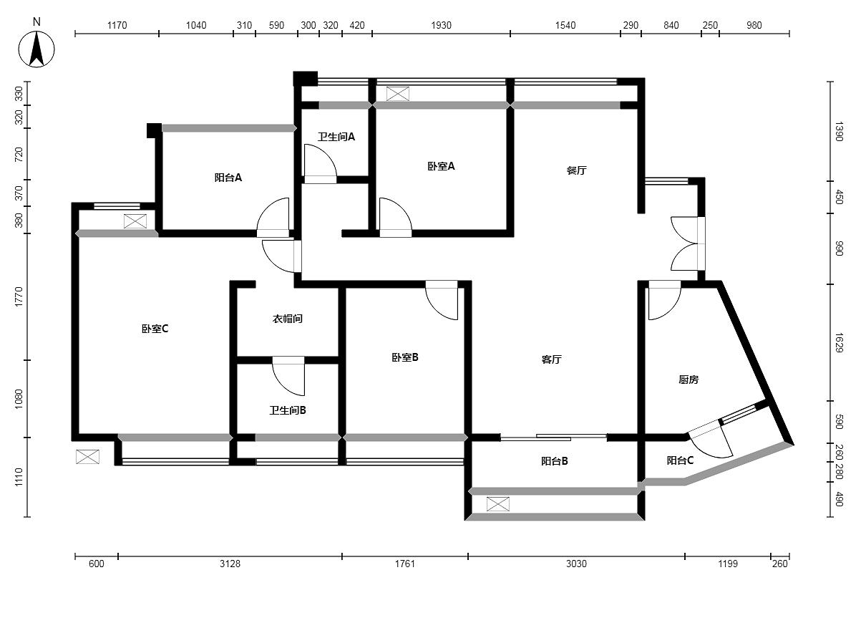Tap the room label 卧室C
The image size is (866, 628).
(x=155, y=329)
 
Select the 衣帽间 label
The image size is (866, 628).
(x=287, y=319)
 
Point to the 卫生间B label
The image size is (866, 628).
(x=288, y=410)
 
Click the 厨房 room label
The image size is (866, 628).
(x=689, y=380)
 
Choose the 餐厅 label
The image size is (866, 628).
(x=576, y=170)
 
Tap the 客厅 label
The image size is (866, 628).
(x=551, y=359)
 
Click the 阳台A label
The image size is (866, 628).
(x=228, y=178)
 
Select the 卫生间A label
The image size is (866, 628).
(x=336, y=137)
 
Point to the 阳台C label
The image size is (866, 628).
(x=680, y=460)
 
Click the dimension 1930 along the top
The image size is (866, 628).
(x=441, y=25)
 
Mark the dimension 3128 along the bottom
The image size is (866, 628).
(x=230, y=564)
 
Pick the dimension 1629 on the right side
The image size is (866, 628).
(x=839, y=342)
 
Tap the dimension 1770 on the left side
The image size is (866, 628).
(x=19, y=296)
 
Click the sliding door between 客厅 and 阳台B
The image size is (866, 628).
(x=554, y=438)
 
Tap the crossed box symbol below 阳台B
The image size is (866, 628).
(x=498, y=504)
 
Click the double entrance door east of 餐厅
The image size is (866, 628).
(x=688, y=243)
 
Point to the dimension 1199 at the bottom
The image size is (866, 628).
(x=728, y=564)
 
